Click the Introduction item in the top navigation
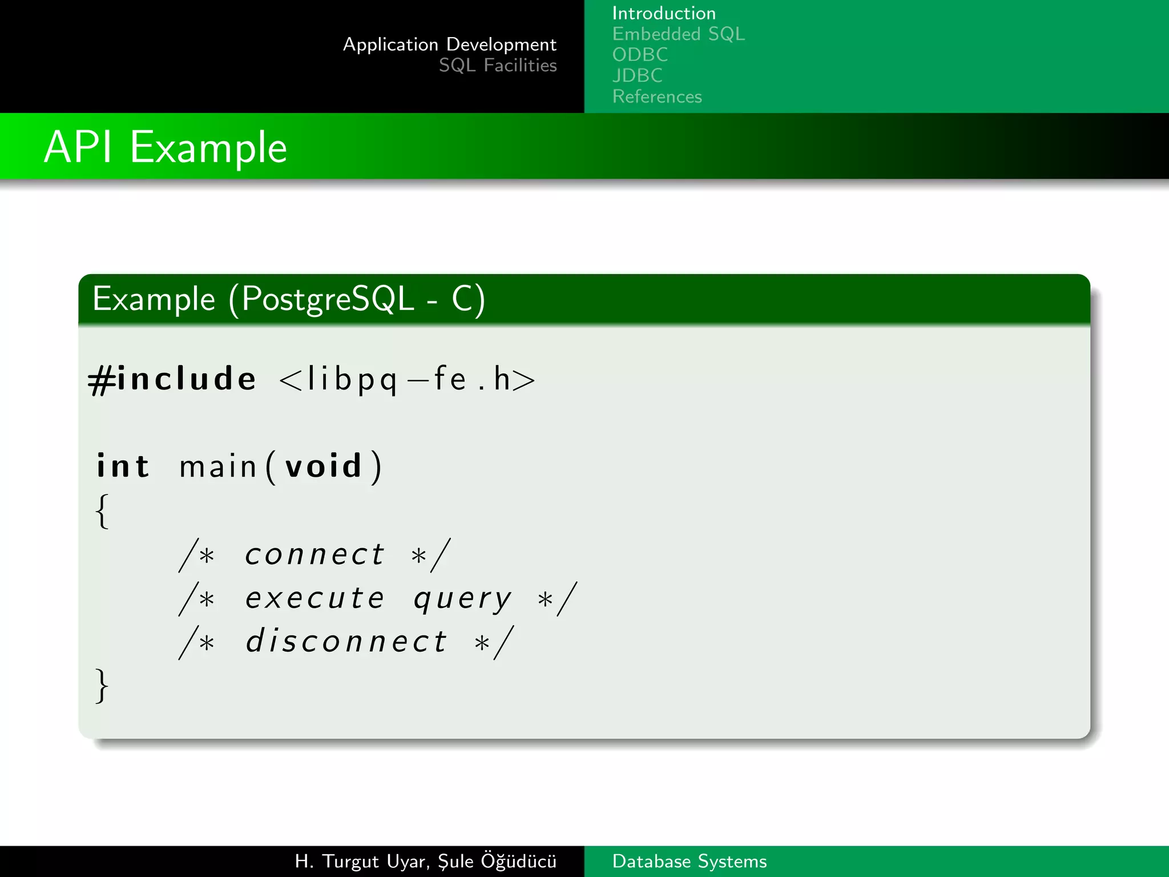tap(663, 13)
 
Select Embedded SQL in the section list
tap(678, 34)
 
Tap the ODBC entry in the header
tap(640, 55)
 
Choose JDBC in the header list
tap(637, 75)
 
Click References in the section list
tap(657, 96)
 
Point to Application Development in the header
tap(449, 45)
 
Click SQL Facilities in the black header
tap(497, 66)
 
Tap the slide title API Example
tap(166, 147)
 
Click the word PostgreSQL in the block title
tap(328, 299)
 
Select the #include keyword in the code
tap(172, 379)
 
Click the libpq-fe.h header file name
tap(407, 379)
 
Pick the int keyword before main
tap(123, 466)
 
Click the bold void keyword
tap(324, 466)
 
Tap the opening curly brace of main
tap(102, 511)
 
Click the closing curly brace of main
tap(102, 685)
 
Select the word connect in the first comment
tap(315, 554)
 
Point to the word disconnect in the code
tap(346, 642)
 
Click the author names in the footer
tap(425, 861)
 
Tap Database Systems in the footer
tap(689, 861)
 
